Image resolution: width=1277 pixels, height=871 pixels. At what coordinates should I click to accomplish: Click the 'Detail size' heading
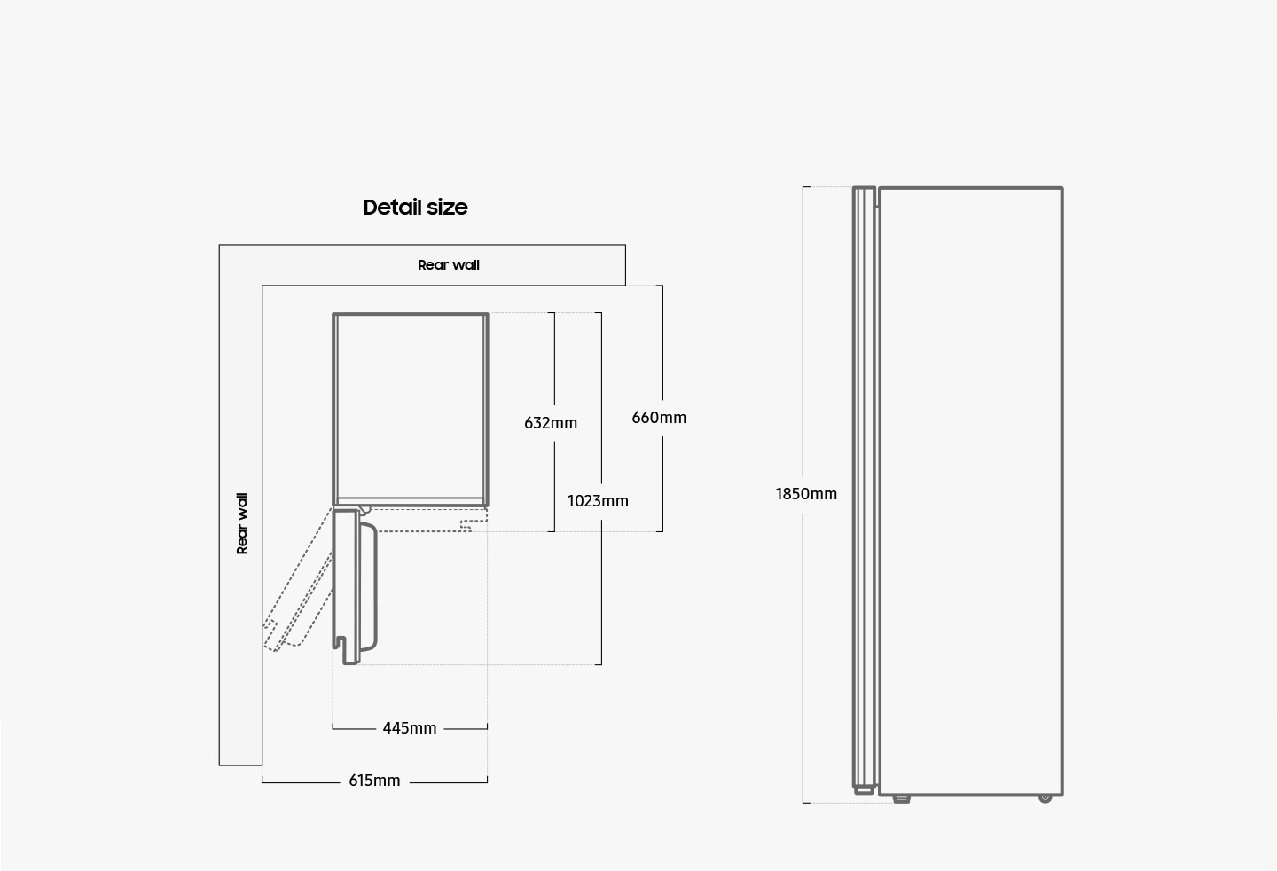coord(415,207)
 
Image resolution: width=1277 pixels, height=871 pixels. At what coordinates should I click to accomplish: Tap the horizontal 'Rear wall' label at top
coord(449,265)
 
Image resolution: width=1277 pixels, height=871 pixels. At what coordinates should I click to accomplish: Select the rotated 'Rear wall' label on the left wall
coord(242,524)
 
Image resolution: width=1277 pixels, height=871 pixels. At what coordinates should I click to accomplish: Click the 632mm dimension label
coord(551,423)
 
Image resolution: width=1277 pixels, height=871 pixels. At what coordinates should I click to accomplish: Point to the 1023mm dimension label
coord(598,501)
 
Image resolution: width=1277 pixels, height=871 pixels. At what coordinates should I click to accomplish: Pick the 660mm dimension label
coord(659,418)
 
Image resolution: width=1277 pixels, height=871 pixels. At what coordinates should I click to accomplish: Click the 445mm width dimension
coord(410,728)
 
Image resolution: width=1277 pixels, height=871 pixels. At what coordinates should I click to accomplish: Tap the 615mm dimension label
coord(374,781)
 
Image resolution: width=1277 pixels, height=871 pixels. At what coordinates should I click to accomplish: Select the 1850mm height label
coord(806,494)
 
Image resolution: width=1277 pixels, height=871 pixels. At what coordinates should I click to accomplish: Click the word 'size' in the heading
coord(447,208)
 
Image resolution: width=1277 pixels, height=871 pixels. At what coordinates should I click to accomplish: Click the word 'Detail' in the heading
coord(392,207)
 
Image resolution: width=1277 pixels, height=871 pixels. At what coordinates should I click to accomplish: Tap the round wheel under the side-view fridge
coord(1045,798)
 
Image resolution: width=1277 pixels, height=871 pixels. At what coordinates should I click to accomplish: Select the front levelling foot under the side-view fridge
coord(901,799)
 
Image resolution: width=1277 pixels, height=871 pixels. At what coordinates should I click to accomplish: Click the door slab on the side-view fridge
coord(865,490)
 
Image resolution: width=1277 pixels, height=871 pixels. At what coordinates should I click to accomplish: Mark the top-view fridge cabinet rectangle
coord(411,409)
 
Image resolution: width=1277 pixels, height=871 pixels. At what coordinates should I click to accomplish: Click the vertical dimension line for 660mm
coord(662,408)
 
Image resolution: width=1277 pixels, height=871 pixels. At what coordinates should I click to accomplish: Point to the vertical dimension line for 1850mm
coord(803,495)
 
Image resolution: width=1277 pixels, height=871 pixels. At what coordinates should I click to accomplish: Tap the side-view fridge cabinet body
coord(971,491)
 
